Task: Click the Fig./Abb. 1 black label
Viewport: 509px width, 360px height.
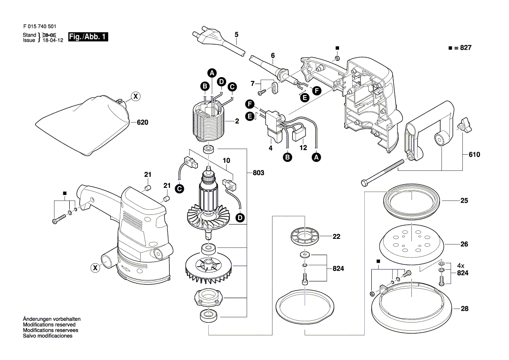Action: [88, 37]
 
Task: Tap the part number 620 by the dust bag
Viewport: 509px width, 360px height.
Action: [143, 122]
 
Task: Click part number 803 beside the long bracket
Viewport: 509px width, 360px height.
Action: [258, 173]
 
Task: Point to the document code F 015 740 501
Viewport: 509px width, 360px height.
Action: [39, 27]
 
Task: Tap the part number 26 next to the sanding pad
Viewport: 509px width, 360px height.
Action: [464, 245]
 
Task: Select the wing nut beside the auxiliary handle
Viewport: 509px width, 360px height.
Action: [462, 127]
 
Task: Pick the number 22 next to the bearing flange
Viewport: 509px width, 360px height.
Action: [336, 237]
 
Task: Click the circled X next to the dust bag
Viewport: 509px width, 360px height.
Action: [136, 97]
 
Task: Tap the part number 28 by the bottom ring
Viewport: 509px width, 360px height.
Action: [464, 309]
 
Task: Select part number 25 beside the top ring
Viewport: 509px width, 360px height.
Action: [464, 201]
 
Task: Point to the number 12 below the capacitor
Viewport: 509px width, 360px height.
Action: [303, 148]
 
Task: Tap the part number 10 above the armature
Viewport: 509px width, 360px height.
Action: [226, 160]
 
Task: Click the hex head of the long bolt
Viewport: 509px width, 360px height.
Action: [364, 182]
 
